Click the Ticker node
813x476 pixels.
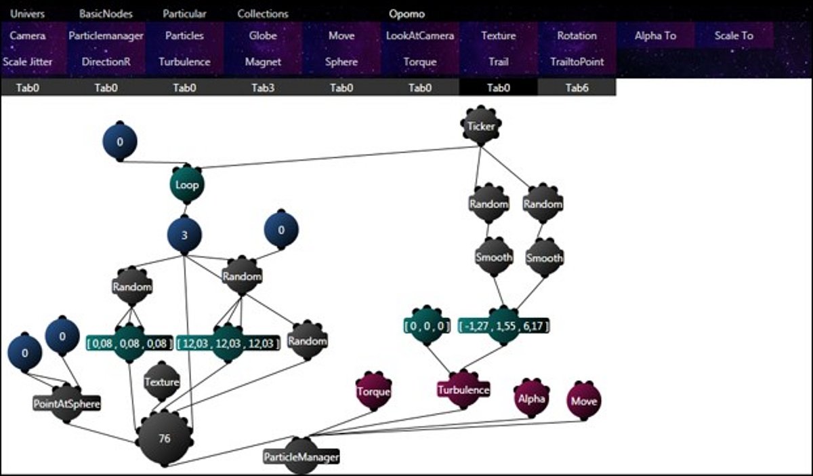pyautogui.click(x=480, y=126)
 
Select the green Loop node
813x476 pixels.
pyautogui.click(x=186, y=184)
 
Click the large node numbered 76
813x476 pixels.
pyautogui.click(x=165, y=439)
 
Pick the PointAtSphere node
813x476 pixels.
pyautogui.click(x=66, y=404)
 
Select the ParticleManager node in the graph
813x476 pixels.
pyautogui.click(x=301, y=457)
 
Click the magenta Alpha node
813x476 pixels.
pyautogui.click(x=531, y=399)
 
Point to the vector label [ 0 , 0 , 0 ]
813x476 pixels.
pyautogui.click(x=425, y=326)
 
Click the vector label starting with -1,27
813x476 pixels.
pyautogui.click(x=503, y=326)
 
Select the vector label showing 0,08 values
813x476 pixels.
pyautogui.click(x=129, y=343)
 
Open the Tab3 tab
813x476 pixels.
pyautogui.click(x=263, y=87)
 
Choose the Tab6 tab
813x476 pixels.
pyautogui.click(x=577, y=87)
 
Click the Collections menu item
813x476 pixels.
pyautogui.click(x=263, y=14)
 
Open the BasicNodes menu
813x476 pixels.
pyautogui.click(x=106, y=14)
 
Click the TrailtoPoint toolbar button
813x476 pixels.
pyautogui.click(x=577, y=62)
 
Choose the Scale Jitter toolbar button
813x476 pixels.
pyautogui.click(x=28, y=62)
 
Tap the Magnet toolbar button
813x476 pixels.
pyautogui.click(x=263, y=62)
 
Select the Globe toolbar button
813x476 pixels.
pyautogui.click(x=263, y=36)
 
